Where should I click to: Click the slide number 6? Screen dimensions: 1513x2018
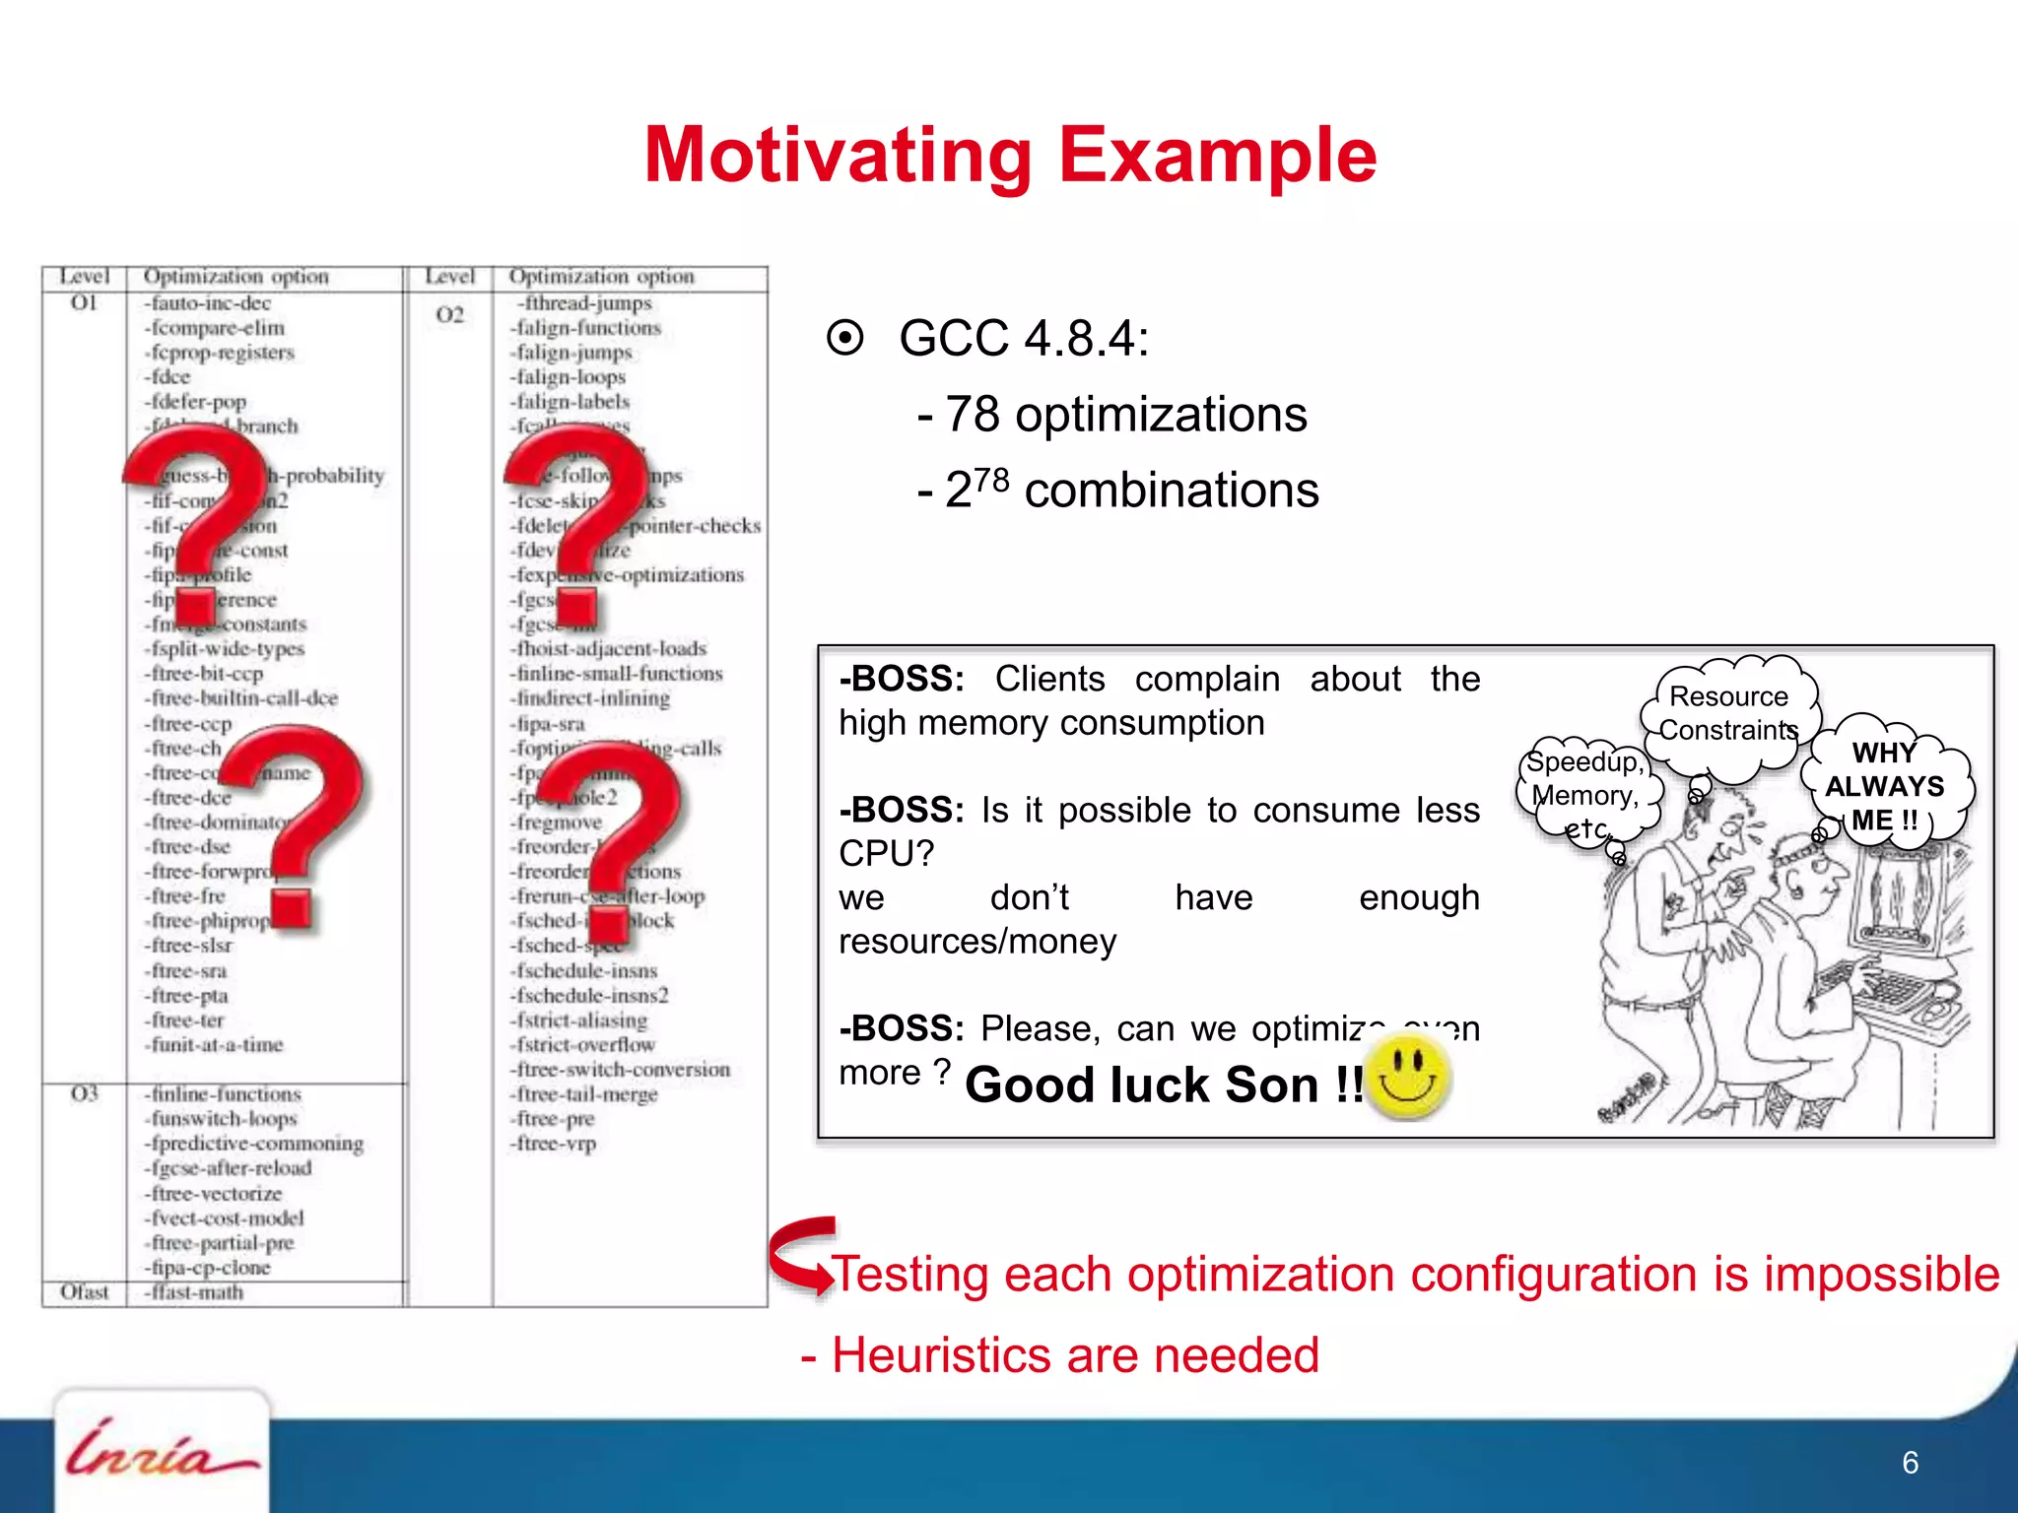[x=1910, y=1463]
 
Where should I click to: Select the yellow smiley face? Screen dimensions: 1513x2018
[x=1408, y=1078]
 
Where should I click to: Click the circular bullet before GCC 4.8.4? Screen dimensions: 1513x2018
[x=845, y=338]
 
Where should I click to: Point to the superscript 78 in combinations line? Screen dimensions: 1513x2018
[x=991, y=480]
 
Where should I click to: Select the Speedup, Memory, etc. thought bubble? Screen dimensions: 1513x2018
[x=1585, y=794]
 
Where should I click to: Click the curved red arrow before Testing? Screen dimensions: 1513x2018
[x=800, y=1254]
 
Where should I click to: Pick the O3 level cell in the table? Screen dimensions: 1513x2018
[x=85, y=1094]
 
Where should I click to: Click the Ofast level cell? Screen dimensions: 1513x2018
[x=85, y=1292]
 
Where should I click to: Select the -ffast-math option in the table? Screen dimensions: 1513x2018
[x=195, y=1292]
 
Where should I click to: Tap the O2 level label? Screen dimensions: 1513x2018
[x=449, y=315]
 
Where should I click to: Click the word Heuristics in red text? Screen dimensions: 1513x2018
[x=942, y=1355]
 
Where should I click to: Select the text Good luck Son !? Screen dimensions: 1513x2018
[x=1163, y=1085]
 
